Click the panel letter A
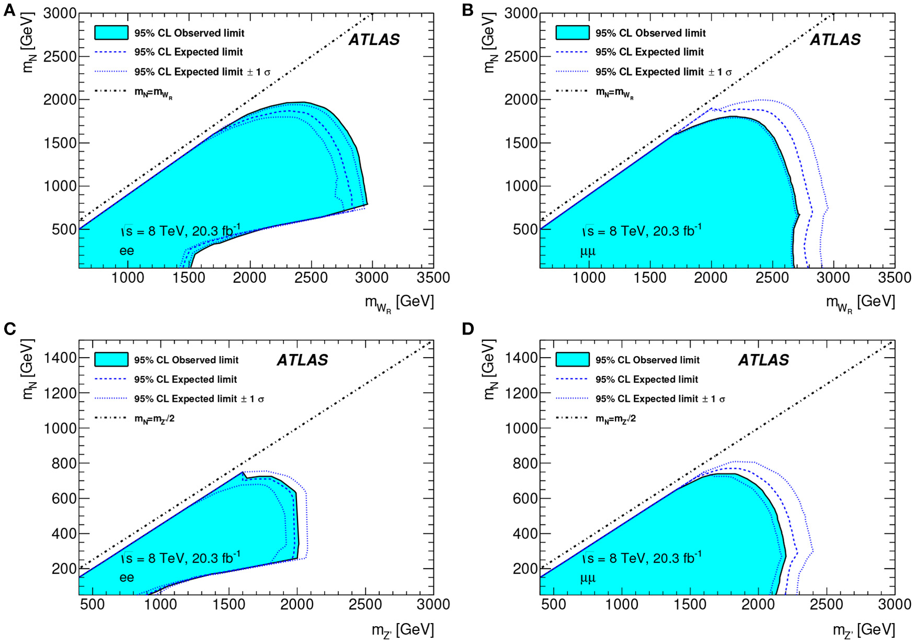point(9,10)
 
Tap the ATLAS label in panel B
point(835,40)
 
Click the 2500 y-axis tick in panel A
point(60,56)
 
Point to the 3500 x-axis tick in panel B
point(895,278)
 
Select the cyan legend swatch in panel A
point(111,32)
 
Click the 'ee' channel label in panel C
point(127,578)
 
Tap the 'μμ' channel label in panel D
point(588,578)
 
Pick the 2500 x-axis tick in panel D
point(827,605)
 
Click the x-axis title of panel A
point(399,303)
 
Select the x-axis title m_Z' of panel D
point(863,630)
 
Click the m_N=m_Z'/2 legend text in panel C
point(154,419)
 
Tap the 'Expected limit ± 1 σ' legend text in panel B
point(663,72)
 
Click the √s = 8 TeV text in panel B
point(643,231)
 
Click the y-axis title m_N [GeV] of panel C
point(29,369)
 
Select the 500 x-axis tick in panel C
point(93,605)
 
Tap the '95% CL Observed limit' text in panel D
point(647,360)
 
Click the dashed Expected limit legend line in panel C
point(111,379)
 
